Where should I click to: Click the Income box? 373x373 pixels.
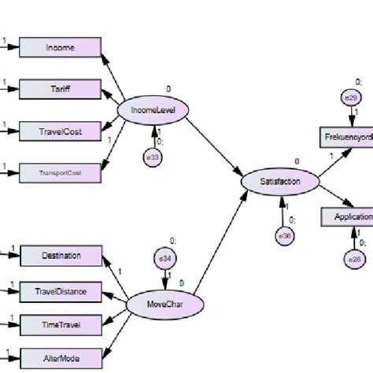click(61, 47)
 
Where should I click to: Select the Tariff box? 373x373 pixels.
click(61, 89)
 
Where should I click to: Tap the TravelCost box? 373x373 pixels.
click(61, 131)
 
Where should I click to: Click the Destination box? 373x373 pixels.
click(61, 255)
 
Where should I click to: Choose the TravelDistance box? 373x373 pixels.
click(61, 293)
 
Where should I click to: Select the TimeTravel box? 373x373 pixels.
click(61, 323)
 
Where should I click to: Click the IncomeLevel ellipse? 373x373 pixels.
click(153, 112)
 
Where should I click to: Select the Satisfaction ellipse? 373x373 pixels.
click(280, 182)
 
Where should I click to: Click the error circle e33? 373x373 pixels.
click(153, 157)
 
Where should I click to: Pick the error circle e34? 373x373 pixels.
click(165, 257)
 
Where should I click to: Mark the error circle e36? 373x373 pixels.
click(284, 235)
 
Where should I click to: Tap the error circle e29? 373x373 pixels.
click(350, 98)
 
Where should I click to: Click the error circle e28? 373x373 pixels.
click(351, 257)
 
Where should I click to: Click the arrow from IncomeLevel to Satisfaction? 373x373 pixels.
click(212, 145)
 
